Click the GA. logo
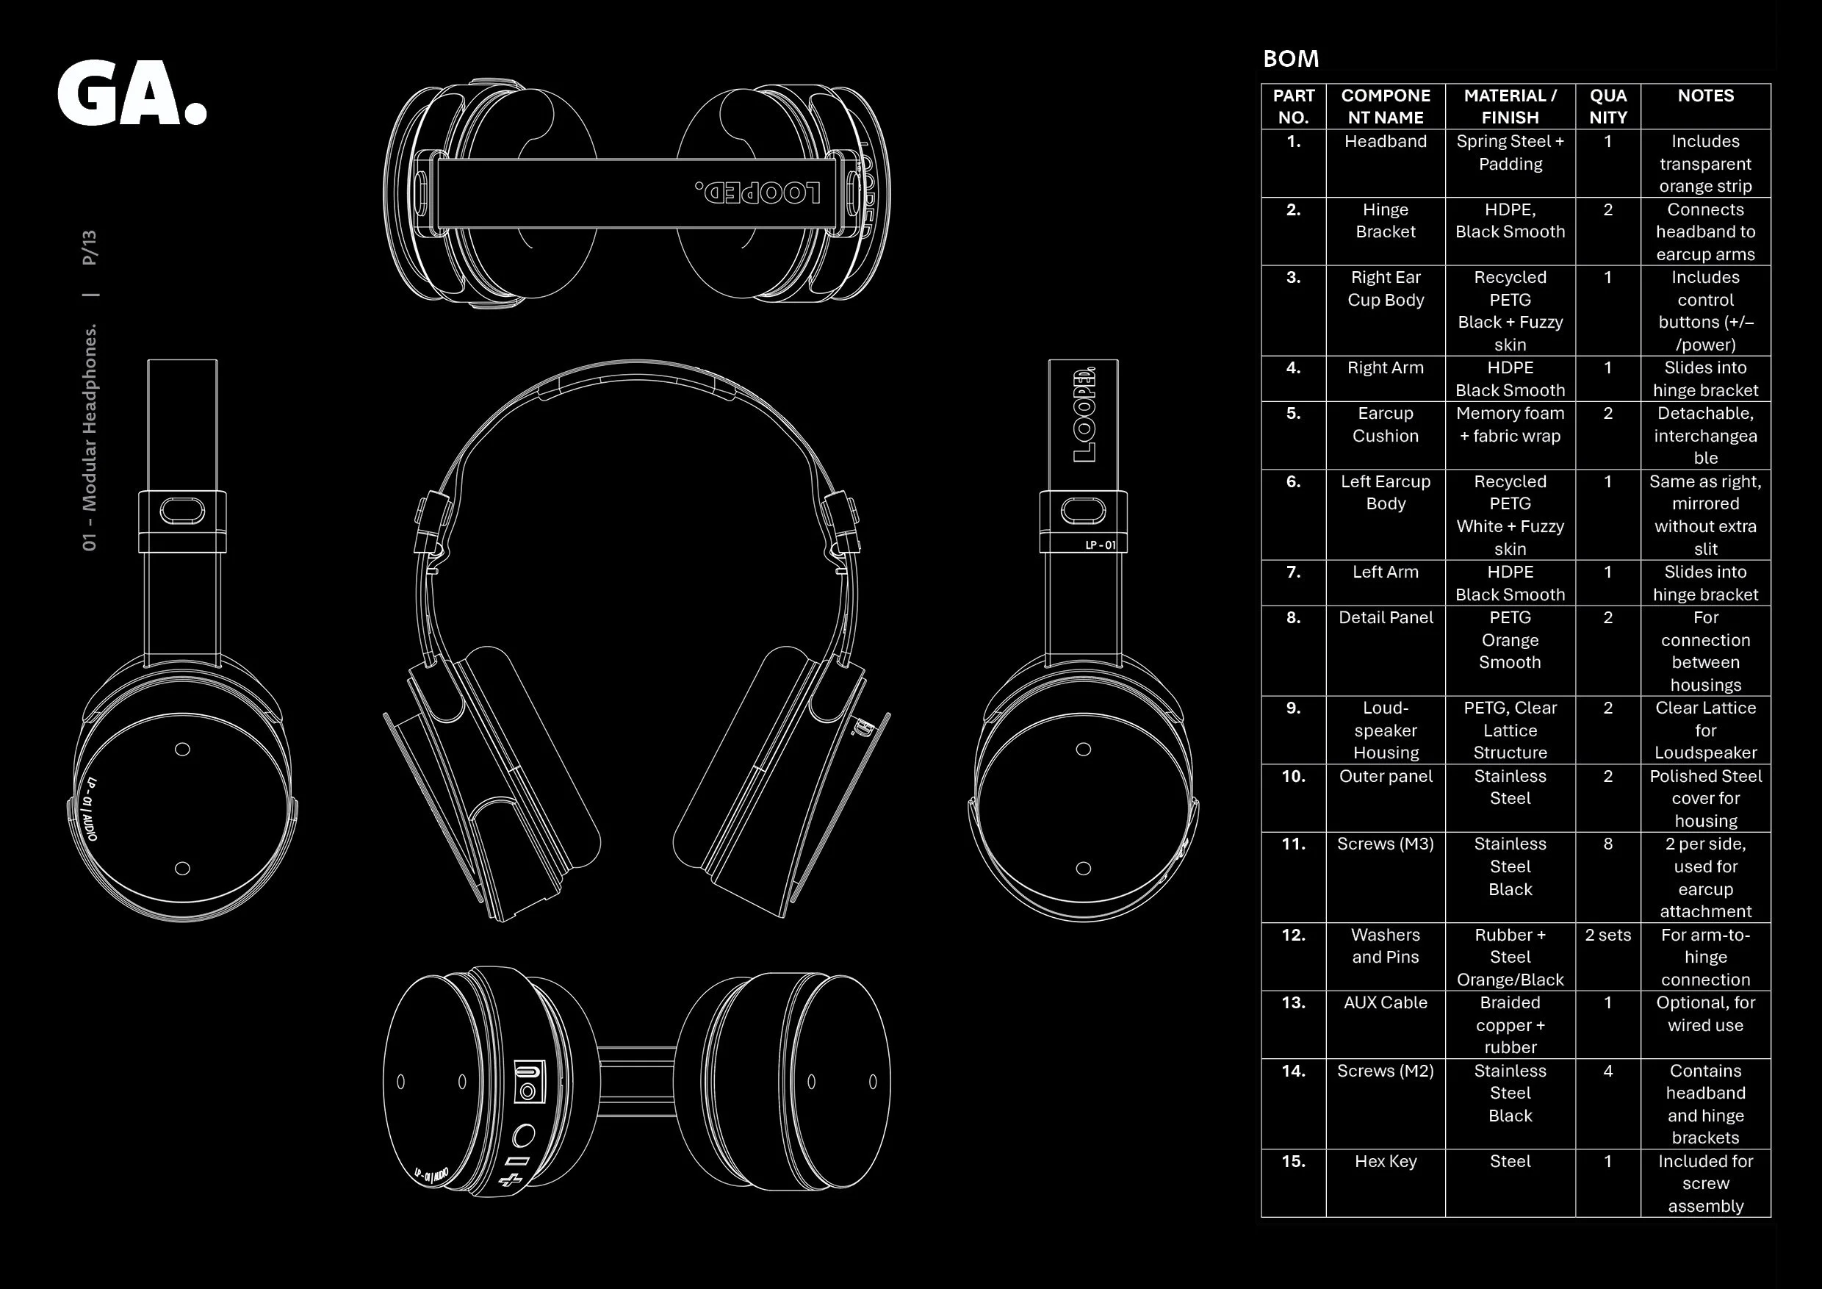(x=132, y=93)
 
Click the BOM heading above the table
(x=1291, y=59)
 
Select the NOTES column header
(x=1705, y=96)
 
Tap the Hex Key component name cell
(x=1386, y=1161)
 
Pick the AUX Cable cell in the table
(x=1386, y=1002)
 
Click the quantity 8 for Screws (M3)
(x=1607, y=844)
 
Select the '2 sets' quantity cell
(x=1607, y=935)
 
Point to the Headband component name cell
(x=1386, y=141)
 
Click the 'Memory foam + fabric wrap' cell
(x=1510, y=425)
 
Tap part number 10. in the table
(x=1294, y=776)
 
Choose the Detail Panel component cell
(x=1386, y=617)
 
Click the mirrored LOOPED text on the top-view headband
(x=758, y=193)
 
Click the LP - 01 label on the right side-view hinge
(x=1101, y=545)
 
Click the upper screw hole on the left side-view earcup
(x=182, y=750)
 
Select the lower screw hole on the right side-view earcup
(x=1083, y=869)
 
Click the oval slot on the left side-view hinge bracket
(x=182, y=511)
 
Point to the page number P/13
(x=90, y=248)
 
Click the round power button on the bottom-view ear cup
(x=523, y=1137)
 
